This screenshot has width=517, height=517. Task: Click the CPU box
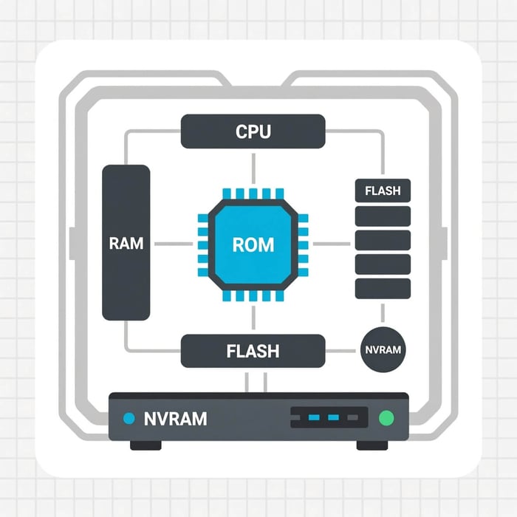click(x=253, y=131)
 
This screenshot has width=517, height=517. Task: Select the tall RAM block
click(x=126, y=242)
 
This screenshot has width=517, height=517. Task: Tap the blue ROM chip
click(x=253, y=244)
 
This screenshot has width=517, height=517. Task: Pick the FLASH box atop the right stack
click(x=383, y=191)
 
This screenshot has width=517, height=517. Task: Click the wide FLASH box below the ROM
click(x=253, y=351)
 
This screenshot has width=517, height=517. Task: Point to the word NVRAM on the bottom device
click(x=176, y=419)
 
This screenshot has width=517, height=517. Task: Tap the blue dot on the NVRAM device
click(x=129, y=419)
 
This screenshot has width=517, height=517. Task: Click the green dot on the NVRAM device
click(x=385, y=419)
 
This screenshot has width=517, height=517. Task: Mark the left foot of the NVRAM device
click(x=145, y=445)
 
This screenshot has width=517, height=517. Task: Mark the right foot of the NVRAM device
click(x=372, y=445)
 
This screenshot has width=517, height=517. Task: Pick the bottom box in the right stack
click(x=383, y=289)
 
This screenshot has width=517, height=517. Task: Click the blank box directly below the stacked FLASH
click(x=383, y=216)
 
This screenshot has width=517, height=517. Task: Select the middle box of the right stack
click(x=383, y=241)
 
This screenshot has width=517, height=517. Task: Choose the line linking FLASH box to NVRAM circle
click(x=343, y=350)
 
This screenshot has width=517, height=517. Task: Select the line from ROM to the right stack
click(x=332, y=243)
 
